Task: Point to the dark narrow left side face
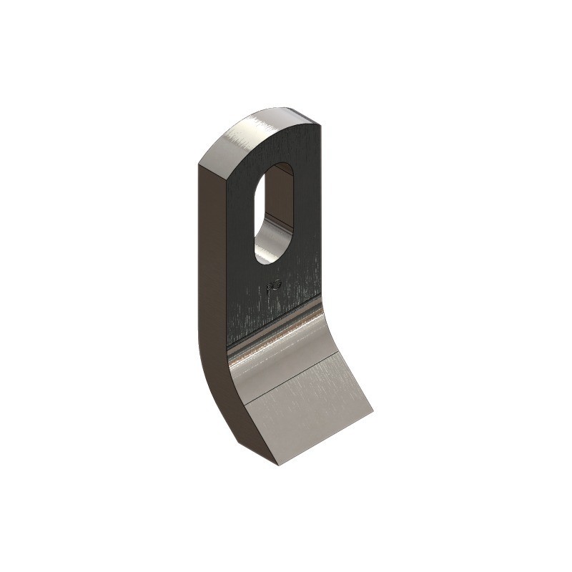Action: coord(211,286)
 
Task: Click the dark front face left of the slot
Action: coord(240,236)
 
